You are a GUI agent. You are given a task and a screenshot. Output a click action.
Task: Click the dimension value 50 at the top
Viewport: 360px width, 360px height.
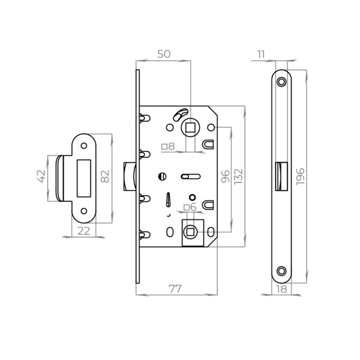tap(163, 54)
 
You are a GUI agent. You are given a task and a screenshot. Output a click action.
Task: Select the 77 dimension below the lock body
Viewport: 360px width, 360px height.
tap(175, 289)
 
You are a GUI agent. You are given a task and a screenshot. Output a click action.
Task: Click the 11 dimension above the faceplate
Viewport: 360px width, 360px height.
tap(260, 55)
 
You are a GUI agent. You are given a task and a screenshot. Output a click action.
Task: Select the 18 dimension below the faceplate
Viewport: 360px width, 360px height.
tap(281, 289)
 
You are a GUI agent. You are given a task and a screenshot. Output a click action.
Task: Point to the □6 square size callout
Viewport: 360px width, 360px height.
tap(190, 208)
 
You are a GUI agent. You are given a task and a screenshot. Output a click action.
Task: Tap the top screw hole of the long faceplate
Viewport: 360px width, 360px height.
tap(281, 80)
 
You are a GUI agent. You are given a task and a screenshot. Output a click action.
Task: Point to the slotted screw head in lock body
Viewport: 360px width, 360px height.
tap(161, 176)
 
